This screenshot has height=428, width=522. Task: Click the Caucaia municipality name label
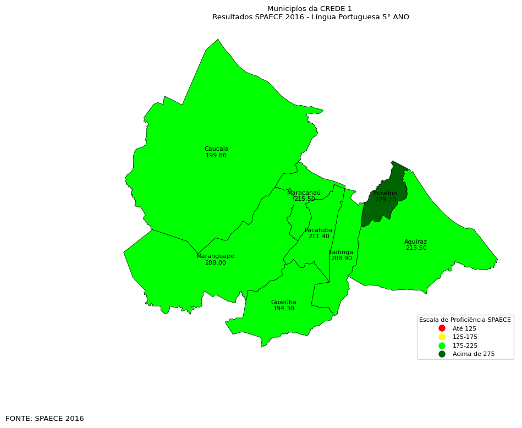tap(216, 149)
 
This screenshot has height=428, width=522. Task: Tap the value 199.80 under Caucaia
tap(216, 156)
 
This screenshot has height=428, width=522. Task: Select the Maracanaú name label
tap(304, 193)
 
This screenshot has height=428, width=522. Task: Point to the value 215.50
tap(305, 199)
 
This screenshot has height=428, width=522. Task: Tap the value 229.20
tap(385, 200)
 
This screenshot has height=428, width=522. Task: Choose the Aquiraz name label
tap(415, 242)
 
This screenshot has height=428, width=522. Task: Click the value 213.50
tap(416, 248)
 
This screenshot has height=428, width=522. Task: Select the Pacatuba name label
tap(318, 231)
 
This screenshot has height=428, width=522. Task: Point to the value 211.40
tap(318, 237)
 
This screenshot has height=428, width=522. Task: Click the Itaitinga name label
tap(341, 253)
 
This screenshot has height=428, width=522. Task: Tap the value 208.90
tap(341, 259)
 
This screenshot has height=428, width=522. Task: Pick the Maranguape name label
tap(215, 256)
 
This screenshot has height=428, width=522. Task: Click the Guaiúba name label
tap(283, 303)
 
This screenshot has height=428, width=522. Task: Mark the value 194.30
tap(283, 309)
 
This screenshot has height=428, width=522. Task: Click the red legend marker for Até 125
tap(442, 328)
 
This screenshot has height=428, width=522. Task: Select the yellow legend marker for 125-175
tap(442, 337)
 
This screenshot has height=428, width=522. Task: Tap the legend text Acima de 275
tap(473, 354)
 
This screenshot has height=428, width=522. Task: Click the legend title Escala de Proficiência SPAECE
tap(465, 320)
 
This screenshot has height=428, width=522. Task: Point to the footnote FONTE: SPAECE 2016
tap(45, 419)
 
